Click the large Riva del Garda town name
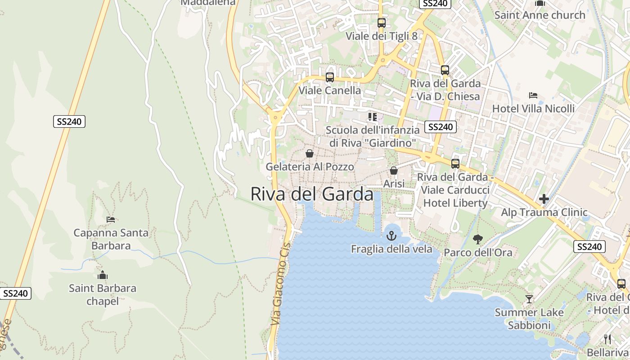[312, 194]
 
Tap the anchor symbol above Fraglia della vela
[391, 235]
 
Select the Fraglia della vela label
[391, 249]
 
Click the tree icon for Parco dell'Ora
[478, 239]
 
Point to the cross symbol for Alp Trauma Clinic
[544, 198]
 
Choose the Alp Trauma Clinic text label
[544, 212]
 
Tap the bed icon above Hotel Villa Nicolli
[533, 95]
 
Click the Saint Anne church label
[540, 15]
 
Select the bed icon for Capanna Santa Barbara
[111, 220]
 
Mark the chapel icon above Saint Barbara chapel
[103, 275]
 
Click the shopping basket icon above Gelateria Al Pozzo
[310, 153]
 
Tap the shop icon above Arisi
[394, 171]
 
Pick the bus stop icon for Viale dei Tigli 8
[382, 22]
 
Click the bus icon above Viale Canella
[330, 77]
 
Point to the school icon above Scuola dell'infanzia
[372, 117]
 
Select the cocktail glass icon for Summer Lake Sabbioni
[529, 299]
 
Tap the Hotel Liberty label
[455, 203]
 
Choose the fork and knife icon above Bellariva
[607, 339]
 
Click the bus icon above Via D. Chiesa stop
[445, 70]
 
